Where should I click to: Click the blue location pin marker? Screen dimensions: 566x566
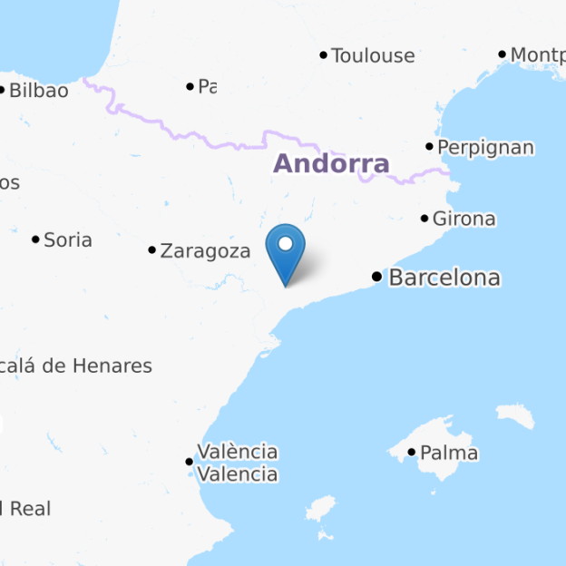[286, 249]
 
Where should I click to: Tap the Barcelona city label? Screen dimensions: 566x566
[444, 278]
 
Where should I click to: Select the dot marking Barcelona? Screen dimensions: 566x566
[377, 276]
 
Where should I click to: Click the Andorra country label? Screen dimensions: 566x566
[331, 164]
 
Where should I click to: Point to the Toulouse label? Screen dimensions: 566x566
[373, 56]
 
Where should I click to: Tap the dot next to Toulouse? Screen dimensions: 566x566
[324, 55]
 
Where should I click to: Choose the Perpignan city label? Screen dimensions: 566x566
[485, 148]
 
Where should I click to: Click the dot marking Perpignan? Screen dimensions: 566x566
[430, 146]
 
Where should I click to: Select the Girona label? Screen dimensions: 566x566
[464, 219]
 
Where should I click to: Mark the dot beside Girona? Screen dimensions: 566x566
[424, 218]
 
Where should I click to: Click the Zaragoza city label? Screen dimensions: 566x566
[205, 251]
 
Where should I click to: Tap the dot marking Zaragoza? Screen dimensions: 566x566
[152, 249]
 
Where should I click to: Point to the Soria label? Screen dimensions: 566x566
[68, 240]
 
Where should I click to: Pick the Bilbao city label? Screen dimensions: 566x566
[38, 91]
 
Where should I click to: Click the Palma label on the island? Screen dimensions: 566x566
[449, 453]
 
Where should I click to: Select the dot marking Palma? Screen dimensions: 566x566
[412, 452]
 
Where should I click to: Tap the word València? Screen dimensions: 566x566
[238, 452]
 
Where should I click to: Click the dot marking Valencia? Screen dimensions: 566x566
[190, 462]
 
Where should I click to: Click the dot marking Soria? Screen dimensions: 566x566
[36, 239]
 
